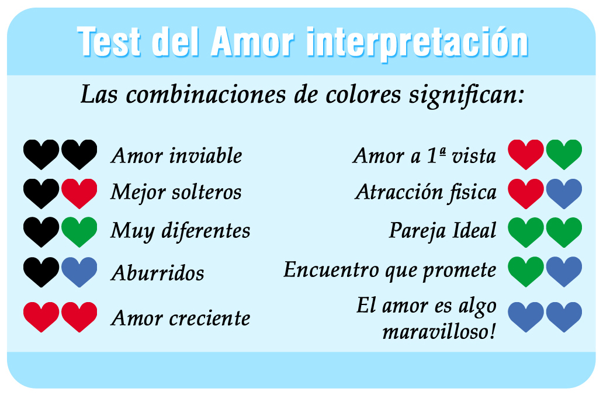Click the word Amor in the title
tap(252, 41)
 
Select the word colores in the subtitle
tap(363, 95)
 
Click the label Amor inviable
tap(176, 156)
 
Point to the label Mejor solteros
tap(176, 192)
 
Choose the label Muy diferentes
tap(181, 231)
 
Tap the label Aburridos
tap(158, 273)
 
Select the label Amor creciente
tap(181, 318)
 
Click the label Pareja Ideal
tap(442, 231)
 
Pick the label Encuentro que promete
tap(390, 270)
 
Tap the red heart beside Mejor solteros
tap(79, 193)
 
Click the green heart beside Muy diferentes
tap(79, 232)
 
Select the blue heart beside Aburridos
tap(79, 272)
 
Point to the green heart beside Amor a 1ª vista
tap(564, 154)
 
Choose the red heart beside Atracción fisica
tap(526, 193)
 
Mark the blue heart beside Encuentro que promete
tap(564, 272)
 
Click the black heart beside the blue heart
tap(41, 272)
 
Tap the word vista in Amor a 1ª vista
tap(474, 156)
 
